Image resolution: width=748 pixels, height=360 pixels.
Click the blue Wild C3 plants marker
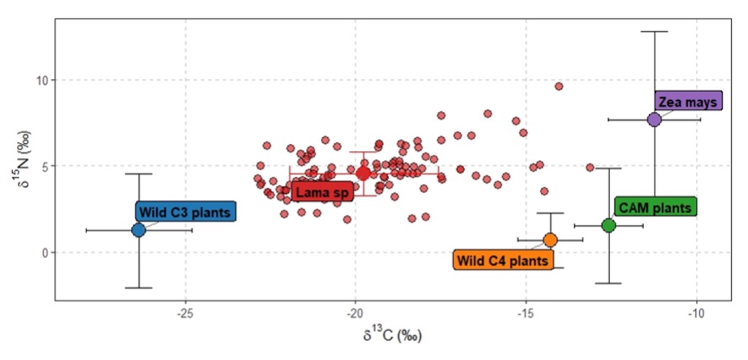click(139, 230)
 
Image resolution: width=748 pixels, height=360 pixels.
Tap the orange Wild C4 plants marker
click(550, 240)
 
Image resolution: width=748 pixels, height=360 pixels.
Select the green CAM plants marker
click(609, 225)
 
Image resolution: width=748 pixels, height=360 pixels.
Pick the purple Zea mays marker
click(654, 119)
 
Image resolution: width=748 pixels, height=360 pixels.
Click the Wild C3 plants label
click(186, 212)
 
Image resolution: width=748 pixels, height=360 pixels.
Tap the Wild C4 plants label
click(503, 260)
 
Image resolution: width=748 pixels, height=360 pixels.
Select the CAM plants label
click(655, 207)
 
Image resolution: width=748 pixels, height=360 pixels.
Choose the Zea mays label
click(688, 101)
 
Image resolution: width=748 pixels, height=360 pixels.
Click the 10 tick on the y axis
click(42, 80)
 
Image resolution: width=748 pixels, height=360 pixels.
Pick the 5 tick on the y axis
click(45, 166)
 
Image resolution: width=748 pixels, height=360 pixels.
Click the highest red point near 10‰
click(559, 87)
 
